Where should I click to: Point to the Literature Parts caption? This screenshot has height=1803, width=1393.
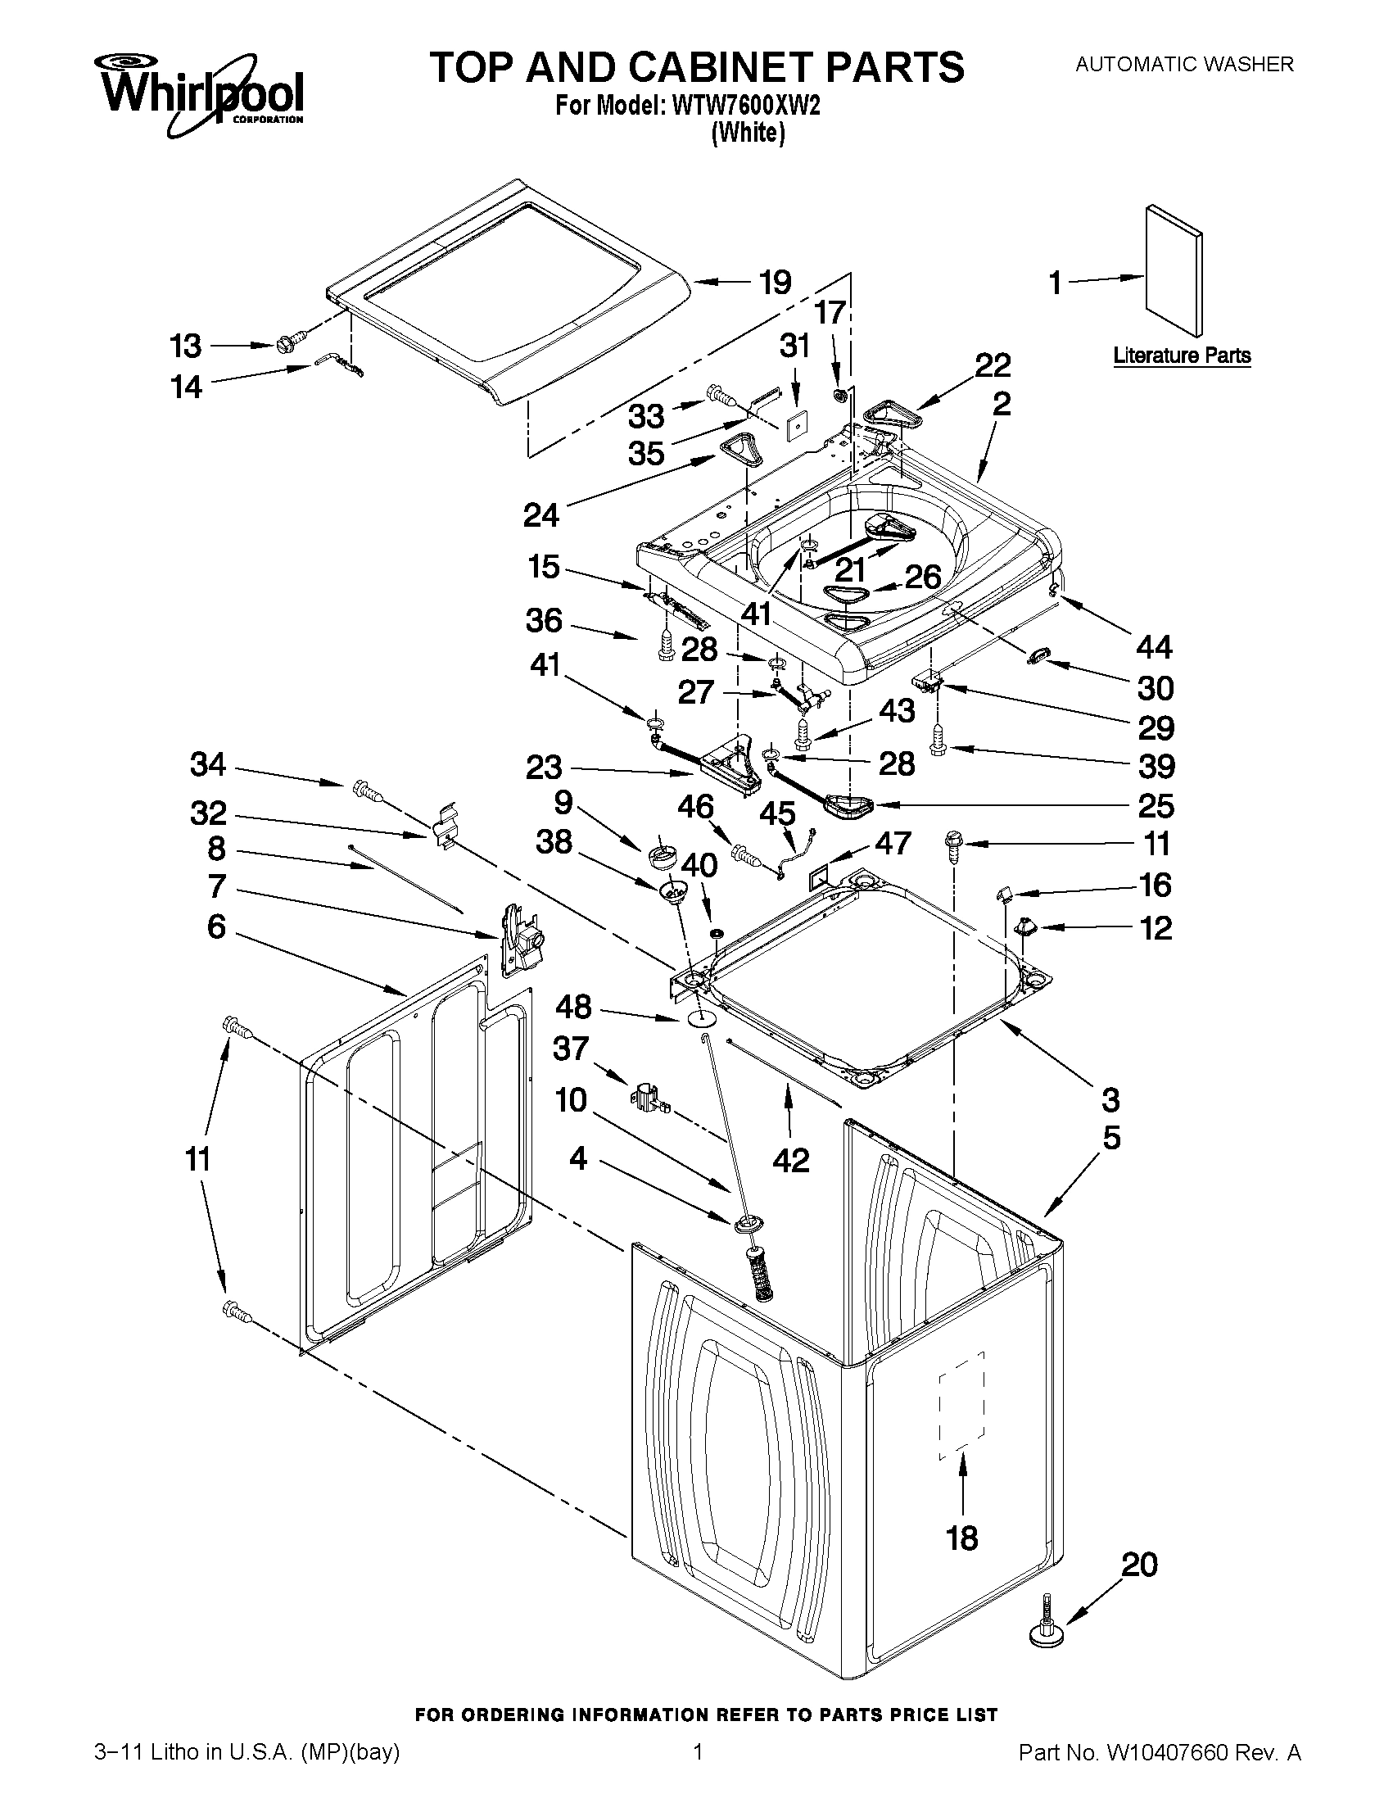pyautogui.click(x=1182, y=356)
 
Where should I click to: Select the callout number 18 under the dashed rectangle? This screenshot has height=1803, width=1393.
pyautogui.click(x=962, y=1537)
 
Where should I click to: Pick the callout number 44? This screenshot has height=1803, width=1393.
pyautogui.click(x=1154, y=647)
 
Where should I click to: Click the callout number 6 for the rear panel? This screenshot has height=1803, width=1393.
pyautogui.click(x=216, y=926)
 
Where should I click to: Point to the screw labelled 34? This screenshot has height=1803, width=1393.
pyautogui.click(x=366, y=791)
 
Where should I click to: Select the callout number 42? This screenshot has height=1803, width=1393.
pyautogui.click(x=790, y=1160)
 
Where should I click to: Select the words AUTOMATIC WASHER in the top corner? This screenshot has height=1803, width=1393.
pyautogui.click(x=1183, y=64)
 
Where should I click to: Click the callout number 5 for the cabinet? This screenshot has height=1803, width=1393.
pyautogui.click(x=1111, y=1138)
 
